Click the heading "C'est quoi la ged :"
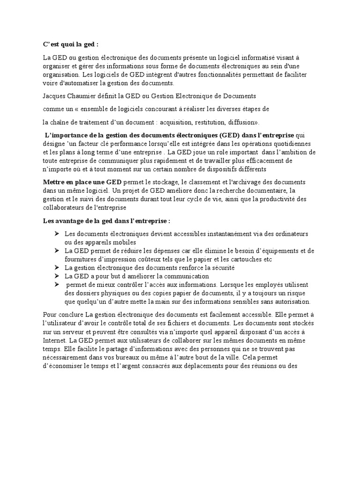click(71, 45)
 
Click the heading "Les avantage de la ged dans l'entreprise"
click(106, 220)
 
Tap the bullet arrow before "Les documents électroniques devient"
click(57, 233)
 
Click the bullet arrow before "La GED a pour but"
click(57, 276)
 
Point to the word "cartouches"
click(245, 259)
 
